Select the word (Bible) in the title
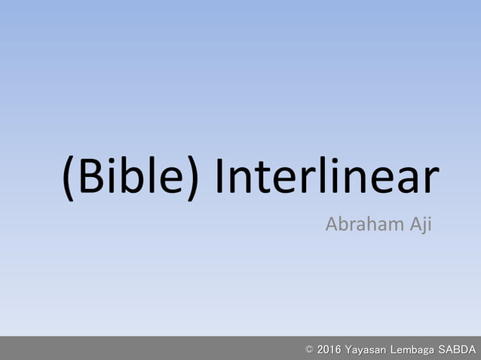(x=130, y=179)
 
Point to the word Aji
(x=419, y=224)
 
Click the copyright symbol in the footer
(x=309, y=349)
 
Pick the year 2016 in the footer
(x=329, y=349)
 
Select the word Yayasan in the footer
(x=365, y=349)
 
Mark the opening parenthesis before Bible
(x=69, y=179)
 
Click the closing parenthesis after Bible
(x=191, y=179)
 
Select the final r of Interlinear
(x=430, y=182)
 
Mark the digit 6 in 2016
(x=338, y=349)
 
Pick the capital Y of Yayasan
(x=348, y=349)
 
